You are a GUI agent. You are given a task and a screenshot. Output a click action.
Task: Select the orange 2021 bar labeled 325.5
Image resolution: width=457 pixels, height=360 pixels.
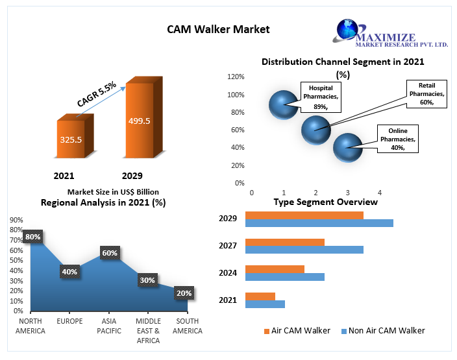tap(71, 139)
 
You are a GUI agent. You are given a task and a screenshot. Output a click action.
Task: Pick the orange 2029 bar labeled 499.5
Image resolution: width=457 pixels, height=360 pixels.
tap(139, 120)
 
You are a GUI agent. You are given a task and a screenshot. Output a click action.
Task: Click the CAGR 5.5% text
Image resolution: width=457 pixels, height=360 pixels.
tap(97, 94)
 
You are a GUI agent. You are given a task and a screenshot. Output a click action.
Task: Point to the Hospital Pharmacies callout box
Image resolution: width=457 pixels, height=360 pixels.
tap(321, 96)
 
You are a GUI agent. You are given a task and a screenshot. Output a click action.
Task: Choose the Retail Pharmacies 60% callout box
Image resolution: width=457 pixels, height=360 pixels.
tap(426, 94)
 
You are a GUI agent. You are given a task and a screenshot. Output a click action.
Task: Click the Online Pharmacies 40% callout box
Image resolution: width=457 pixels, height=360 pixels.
tap(398, 139)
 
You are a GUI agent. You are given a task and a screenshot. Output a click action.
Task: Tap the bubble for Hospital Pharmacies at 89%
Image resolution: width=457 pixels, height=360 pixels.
tap(283, 104)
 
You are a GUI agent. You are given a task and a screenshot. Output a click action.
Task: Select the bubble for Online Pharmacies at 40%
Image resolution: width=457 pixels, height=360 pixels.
tap(347, 148)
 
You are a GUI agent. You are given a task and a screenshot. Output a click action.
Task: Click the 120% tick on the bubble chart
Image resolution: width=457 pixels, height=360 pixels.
tap(235, 77)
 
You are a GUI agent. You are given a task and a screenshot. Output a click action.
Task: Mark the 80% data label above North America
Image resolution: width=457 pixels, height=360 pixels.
tap(32, 237)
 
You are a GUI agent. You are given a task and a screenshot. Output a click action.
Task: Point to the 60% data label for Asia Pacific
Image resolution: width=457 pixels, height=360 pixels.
tap(109, 253)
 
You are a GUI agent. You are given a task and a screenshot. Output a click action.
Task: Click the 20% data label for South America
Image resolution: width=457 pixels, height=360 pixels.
tap(184, 293)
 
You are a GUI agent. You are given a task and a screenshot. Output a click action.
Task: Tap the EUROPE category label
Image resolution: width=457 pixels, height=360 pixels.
tap(69, 322)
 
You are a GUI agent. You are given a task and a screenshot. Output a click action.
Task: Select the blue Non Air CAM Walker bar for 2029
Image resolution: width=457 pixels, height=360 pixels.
tap(319, 223)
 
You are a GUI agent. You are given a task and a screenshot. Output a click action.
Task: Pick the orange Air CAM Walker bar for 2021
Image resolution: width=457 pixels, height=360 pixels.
tap(260, 296)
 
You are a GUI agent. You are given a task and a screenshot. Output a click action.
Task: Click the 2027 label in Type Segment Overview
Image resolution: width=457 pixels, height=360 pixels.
tap(228, 246)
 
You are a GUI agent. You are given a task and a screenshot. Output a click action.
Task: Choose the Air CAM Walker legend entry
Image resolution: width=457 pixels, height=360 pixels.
tap(297, 331)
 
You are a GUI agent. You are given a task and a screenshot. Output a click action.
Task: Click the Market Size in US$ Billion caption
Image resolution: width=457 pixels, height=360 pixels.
tap(113, 192)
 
